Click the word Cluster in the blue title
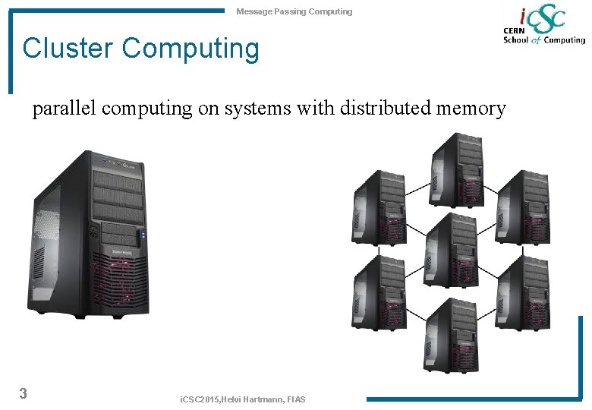(68, 49)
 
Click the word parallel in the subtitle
(64, 109)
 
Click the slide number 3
(24, 393)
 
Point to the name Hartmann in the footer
(266, 399)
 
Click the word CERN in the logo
(515, 30)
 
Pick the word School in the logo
(516, 40)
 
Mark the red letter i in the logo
(522, 16)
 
